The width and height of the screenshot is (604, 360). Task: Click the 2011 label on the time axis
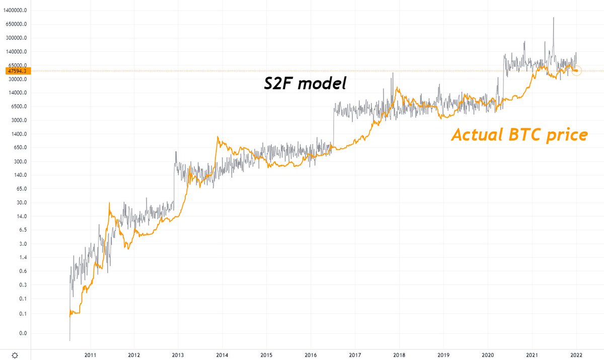[90, 354]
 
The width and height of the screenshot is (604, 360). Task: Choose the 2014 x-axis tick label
[222, 354]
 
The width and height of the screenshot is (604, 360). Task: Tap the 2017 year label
[355, 354]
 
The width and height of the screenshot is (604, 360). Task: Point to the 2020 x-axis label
[487, 354]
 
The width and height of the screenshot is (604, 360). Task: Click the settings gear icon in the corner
[16, 355]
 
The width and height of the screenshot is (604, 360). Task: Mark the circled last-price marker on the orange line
[576, 70]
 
